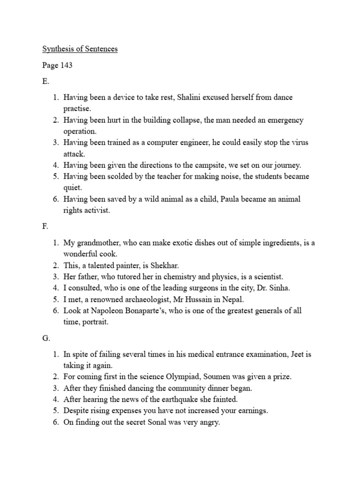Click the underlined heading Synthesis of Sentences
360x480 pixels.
pyautogui.click(x=80, y=49)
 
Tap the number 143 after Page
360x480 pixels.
pyautogui.click(x=66, y=65)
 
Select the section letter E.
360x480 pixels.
pyautogui.click(x=45, y=81)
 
